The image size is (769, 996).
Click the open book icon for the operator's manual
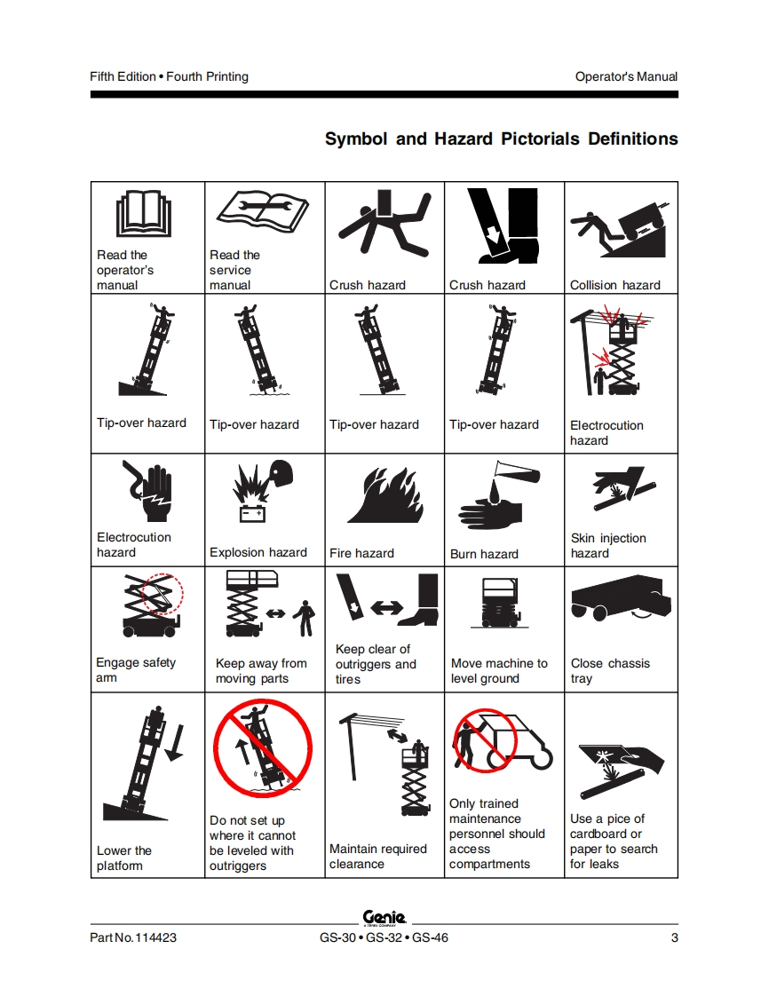144,215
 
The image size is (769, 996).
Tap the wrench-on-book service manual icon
263,211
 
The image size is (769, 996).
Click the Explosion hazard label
258,552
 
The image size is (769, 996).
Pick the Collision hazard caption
615,285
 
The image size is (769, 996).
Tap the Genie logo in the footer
384,917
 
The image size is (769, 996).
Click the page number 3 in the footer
674,937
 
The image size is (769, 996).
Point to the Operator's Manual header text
626,76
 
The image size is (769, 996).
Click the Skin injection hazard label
608,545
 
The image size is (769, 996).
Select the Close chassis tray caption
610,670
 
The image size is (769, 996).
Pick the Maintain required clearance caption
378,857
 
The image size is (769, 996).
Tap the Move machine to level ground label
499,670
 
